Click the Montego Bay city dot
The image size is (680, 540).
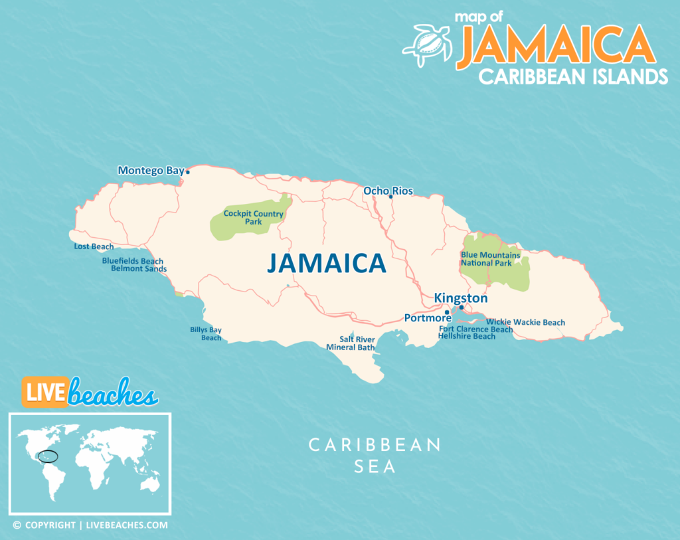(187, 172)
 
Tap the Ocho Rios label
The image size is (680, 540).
(388, 191)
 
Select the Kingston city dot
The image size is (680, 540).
(462, 308)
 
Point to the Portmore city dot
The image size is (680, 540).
(447, 312)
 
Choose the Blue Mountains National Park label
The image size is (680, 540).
(490, 259)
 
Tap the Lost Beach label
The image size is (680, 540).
(94, 247)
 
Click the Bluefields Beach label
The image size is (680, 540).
(132, 261)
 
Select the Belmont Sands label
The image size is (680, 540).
(138, 269)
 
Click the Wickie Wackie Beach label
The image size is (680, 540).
(525, 323)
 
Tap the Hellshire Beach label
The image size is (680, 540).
(466, 337)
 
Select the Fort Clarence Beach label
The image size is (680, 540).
(475, 329)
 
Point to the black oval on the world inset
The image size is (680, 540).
(48, 456)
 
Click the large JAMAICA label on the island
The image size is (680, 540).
(326, 263)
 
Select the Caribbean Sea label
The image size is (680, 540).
(375, 455)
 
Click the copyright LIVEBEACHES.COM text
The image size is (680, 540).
(90, 525)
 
